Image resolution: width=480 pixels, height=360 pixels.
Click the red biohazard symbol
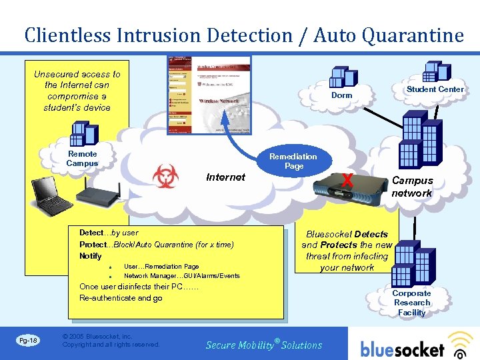pos(165,177)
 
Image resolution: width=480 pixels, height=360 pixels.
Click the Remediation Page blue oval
pos(293,161)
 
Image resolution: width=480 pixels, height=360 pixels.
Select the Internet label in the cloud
pos(225,177)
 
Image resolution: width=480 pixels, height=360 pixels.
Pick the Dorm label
pos(341,95)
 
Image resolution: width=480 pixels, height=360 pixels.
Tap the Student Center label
pos(435,89)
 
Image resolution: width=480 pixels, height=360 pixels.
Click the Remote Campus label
pos(82,159)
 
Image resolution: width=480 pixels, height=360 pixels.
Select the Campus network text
pos(412,187)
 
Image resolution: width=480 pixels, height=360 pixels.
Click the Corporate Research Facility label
pos(411,303)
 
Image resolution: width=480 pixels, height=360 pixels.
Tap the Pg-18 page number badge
pos(28,341)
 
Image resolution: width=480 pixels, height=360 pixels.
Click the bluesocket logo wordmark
pos(402,349)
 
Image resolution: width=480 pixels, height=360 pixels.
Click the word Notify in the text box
pos(91,256)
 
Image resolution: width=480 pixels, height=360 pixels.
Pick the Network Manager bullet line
pos(181,276)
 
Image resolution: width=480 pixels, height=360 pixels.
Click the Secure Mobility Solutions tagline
pos(264,345)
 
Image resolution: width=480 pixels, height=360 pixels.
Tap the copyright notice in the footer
pos(111,341)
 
